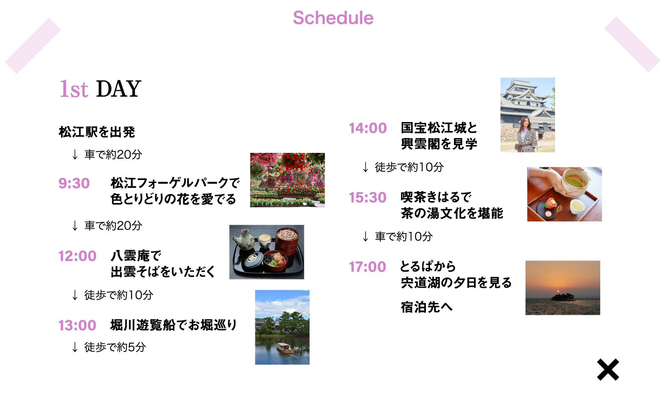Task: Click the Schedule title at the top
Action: tap(333, 18)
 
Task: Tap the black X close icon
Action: tap(608, 369)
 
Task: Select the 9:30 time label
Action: tap(74, 183)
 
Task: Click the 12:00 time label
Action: tap(77, 256)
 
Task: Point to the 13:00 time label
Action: tap(77, 325)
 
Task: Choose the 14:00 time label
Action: tap(368, 128)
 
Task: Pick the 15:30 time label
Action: tap(368, 197)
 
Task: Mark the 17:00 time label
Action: tap(368, 267)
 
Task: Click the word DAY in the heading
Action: tap(119, 88)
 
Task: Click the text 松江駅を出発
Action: tap(97, 132)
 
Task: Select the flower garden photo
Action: tap(287, 180)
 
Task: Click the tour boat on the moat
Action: tap(285, 348)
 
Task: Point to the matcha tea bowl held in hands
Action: tap(575, 181)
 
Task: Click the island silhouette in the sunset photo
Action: tap(562, 297)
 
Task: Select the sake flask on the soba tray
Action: tap(243, 240)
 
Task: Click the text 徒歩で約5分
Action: tap(115, 347)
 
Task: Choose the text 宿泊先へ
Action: tap(426, 307)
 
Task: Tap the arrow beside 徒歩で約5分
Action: tap(75, 347)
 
